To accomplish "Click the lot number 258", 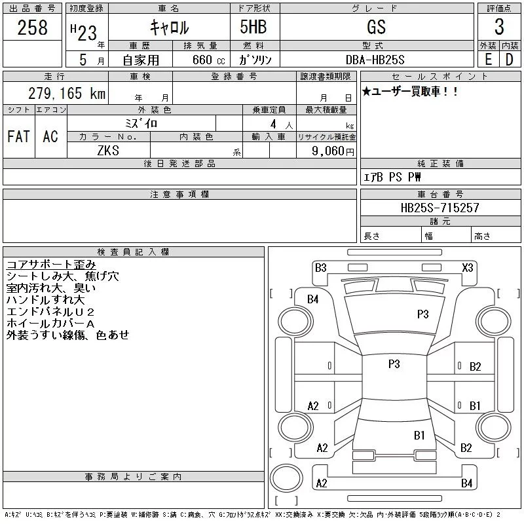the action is (33, 28).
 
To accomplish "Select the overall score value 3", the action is (499, 28).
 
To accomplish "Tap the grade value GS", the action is (376, 27).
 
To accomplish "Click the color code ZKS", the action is (109, 151).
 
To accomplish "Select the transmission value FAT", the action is (18, 136).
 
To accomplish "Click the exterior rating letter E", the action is (488, 59).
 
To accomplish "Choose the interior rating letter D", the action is (509, 59).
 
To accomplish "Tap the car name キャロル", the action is (169, 28).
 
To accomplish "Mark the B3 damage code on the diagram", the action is (321, 267).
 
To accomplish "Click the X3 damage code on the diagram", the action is (468, 267).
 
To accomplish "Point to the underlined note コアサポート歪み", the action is (50, 265).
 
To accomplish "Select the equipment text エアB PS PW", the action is (393, 178).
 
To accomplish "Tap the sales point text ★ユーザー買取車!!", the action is (411, 92).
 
